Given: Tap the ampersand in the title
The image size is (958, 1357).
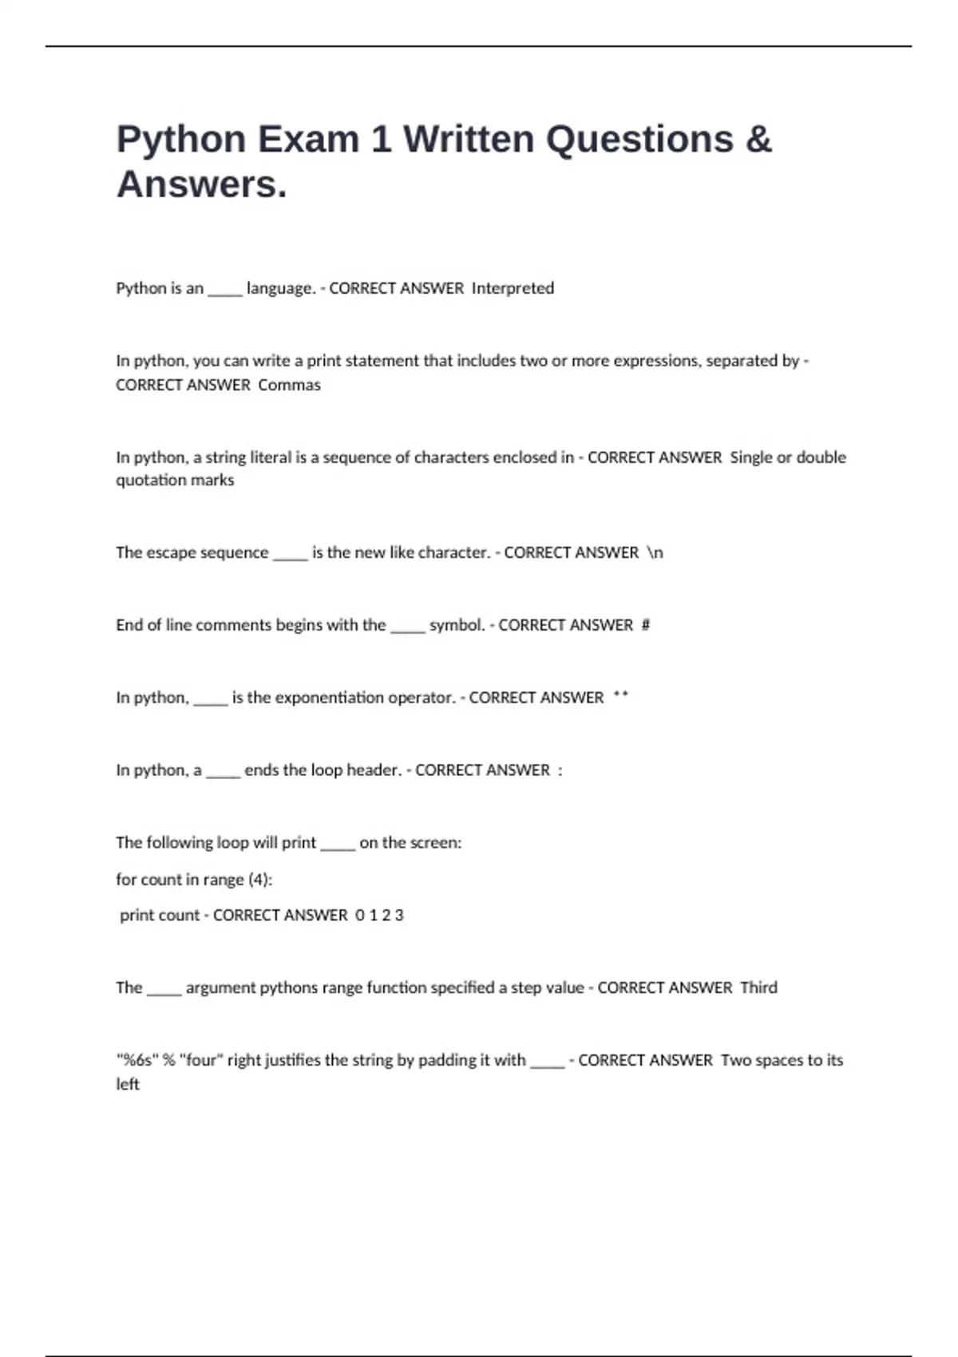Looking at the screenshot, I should (x=758, y=139).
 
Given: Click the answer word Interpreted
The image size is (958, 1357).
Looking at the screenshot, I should (x=513, y=288).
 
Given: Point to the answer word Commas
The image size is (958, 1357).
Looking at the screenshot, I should (x=290, y=385).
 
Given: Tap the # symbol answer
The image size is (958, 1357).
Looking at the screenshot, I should (x=646, y=625).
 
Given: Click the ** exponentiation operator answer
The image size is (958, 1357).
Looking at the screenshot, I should (x=620, y=697).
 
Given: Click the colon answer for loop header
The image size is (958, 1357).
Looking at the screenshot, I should (x=560, y=770).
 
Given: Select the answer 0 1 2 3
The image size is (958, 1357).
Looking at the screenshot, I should (x=379, y=916).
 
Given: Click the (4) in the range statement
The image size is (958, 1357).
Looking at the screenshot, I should (x=259, y=880).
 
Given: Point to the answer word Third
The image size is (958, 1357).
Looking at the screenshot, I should (x=758, y=987).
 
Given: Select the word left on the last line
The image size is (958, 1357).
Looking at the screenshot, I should (x=128, y=1084).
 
